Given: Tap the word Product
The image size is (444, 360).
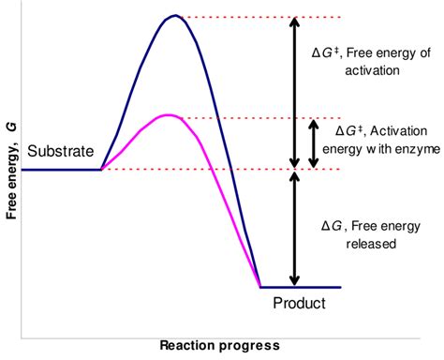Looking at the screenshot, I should pyautogui.click(x=299, y=303).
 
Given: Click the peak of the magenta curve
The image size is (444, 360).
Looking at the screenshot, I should pyautogui.click(x=169, y=114).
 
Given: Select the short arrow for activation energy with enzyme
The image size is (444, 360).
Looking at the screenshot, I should pyautogui.click(x=314, y=143).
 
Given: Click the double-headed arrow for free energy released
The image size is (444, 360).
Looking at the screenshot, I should pyautogui.click(x=295, y=228).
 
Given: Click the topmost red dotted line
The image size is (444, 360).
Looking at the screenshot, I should pyautogui.click(x=244, y=18).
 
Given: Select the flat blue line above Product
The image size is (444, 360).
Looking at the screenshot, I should pyautogui.click(x=300, y=287).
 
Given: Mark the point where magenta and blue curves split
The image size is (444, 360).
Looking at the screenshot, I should pyautogui.click(x=102, y=169).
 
